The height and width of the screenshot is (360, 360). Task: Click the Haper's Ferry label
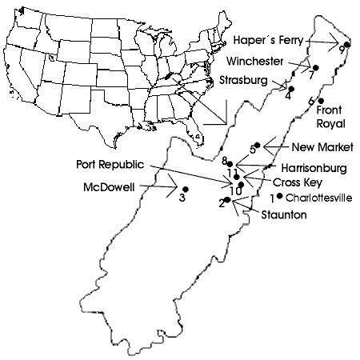[x=269, y=40]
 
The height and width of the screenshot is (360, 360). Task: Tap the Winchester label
[x=254, y=62]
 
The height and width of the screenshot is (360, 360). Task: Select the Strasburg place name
[x=243, y=80]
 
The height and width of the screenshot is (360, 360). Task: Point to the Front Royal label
[x=330, y=117]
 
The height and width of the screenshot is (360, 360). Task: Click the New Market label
[x=322, y=147]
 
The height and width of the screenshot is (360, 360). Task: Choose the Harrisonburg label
[x=314, y=168]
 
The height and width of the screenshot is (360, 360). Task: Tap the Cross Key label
[x=298, y=182]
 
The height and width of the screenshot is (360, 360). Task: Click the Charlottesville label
[x=318, y=198]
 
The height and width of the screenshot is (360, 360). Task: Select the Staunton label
[x=284, y=214]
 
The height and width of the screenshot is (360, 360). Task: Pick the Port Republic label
[x=110, y=164]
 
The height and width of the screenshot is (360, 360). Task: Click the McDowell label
[x=109, y=187]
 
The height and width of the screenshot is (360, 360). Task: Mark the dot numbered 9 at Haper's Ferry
[x=347, y=45]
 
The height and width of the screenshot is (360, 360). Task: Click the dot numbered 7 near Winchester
[x=316, y=68]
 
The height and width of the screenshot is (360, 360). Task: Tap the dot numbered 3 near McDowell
[x=186, y=189]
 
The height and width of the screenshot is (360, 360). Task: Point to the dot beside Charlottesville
[x=279, y=196]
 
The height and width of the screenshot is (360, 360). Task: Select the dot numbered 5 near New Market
[x=258, y=145]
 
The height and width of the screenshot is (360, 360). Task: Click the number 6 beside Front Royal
[x=311, y=102]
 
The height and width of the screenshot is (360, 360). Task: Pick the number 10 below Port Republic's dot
[x=236, y=191]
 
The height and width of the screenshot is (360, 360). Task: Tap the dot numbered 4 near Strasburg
[x=291, y=89]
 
